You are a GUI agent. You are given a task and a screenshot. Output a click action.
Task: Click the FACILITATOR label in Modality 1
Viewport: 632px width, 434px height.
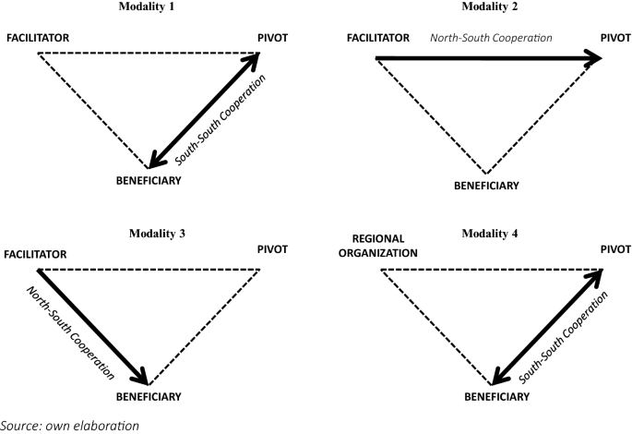coord(38,39)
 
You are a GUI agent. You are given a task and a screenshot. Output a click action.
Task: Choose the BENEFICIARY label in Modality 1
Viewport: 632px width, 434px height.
coord(148,180)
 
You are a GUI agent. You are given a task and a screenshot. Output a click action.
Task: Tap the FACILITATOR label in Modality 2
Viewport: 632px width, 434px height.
coord(377,38)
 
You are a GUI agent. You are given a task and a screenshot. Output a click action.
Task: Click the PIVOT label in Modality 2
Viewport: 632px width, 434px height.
coord(615,38)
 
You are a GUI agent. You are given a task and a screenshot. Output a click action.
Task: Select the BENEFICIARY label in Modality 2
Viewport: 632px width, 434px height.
coord(486,186)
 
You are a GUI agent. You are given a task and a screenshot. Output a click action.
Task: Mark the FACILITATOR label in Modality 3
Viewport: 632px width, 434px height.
coord(37,253)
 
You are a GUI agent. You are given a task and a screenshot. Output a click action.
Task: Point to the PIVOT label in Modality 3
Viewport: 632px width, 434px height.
coord(274,249)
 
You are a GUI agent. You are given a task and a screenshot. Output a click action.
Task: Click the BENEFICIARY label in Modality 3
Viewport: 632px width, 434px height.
coord(148,396)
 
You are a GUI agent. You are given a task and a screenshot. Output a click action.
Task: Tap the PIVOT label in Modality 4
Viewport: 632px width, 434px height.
coord(615,249)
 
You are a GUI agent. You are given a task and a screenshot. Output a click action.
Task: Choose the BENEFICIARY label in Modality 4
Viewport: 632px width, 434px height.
coord(495,396)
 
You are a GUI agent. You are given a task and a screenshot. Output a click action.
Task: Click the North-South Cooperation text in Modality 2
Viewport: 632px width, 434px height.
coord(491,39)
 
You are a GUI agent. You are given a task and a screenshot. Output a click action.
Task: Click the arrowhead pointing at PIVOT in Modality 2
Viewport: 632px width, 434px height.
coord(592,58)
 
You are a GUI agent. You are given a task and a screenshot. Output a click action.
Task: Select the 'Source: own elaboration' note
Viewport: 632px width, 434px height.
coord(69,426)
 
